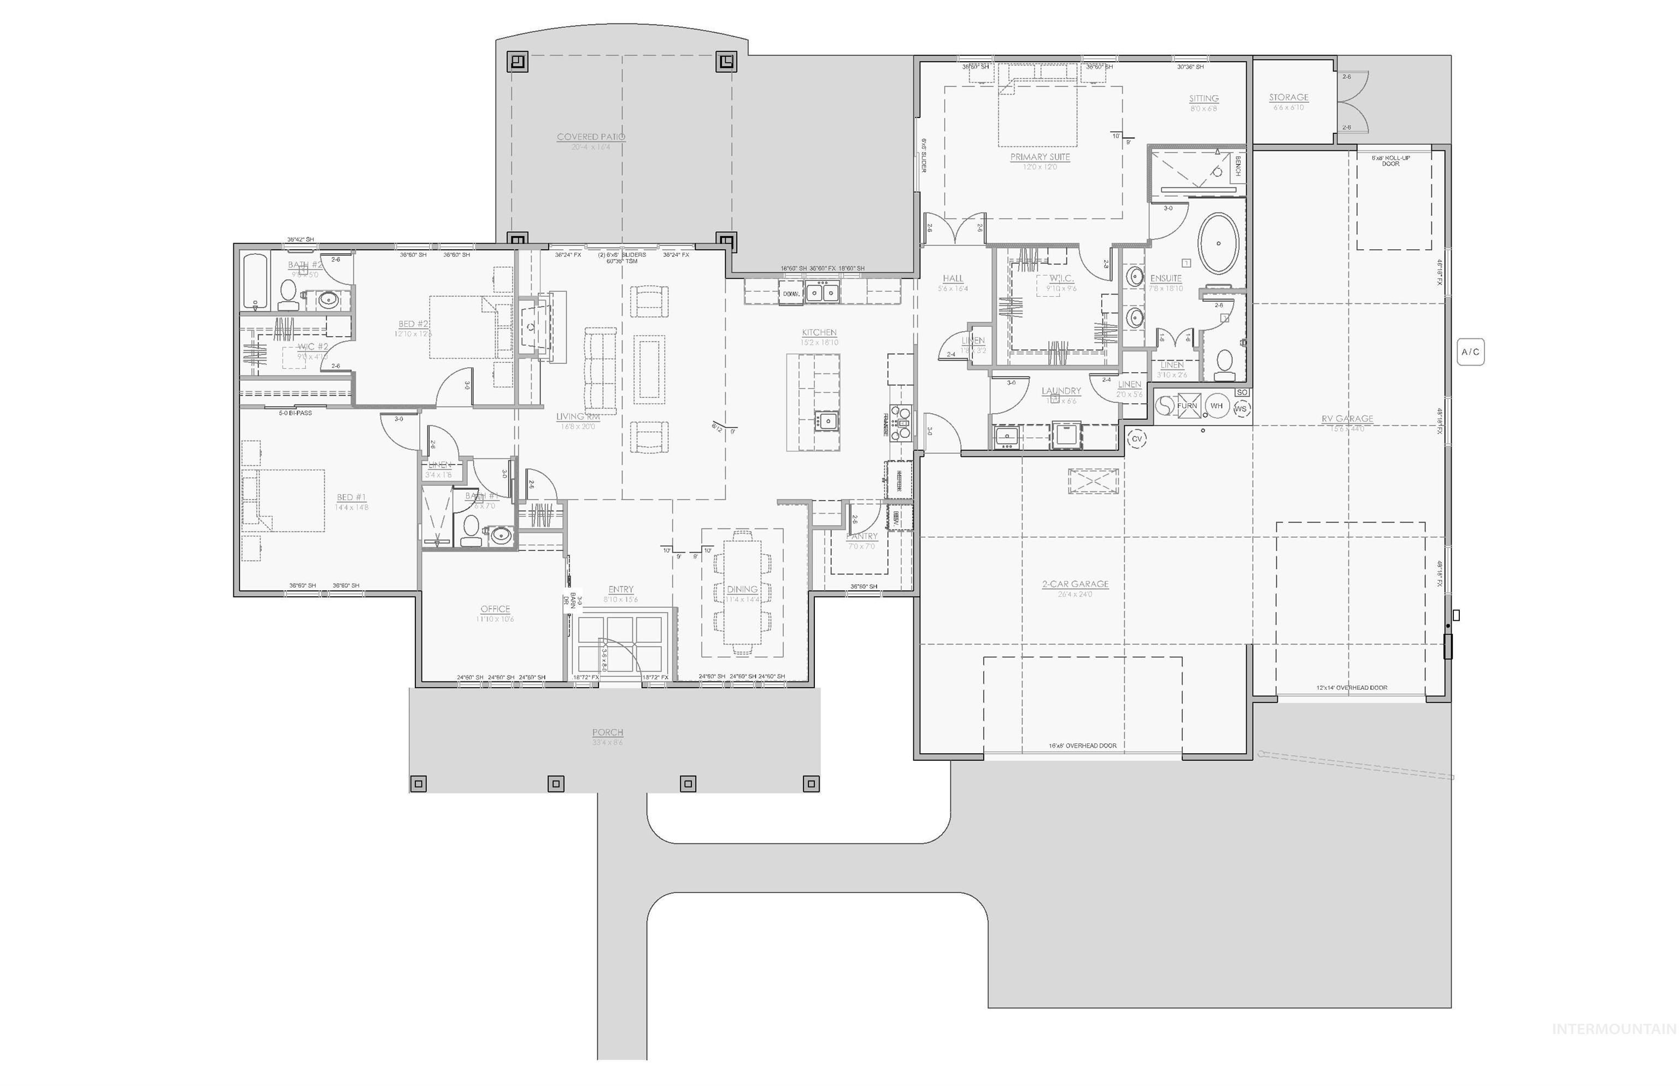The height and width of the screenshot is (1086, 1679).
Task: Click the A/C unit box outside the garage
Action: click(x=1470, y=351)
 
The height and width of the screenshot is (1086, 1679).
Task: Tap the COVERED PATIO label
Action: click(x=590, y=137)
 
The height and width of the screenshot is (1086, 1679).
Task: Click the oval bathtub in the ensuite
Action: click(x=1218, y=243)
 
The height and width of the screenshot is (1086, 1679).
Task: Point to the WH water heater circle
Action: click(x=1216, y=406)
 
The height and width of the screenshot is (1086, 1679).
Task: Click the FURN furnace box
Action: click(x=1187, y=406)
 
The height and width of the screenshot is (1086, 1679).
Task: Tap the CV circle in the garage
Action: click(x=1136, y=439)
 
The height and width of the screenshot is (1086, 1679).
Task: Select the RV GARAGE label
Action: click(x=1347, y=419)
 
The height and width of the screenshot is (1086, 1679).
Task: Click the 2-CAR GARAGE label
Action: click(x=1075, y=584)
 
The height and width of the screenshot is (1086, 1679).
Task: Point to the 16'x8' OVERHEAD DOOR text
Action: click(x=1082, y=745)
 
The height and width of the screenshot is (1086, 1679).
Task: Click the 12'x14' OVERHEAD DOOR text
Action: click(x=1351, y=688)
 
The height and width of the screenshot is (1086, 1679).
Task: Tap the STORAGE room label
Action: click(x=1288, y=97)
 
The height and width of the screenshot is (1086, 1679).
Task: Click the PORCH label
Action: click(x=607, y=732)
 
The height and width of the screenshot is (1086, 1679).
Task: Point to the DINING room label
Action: click(x=742, y=589)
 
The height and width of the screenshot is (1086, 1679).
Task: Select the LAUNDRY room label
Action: click(x=1060, y=391)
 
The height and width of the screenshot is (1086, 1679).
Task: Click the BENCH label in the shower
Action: click(x=1237, y=167)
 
